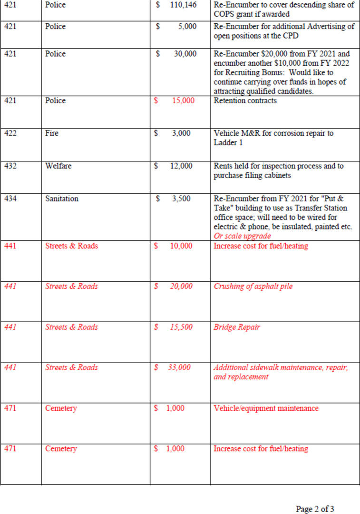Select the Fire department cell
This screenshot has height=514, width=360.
[x=52, y=133]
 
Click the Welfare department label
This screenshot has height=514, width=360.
[x=58, y=166]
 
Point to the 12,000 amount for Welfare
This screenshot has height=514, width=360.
[x=181, y=166]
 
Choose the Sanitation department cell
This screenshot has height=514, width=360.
[x=61, y=198]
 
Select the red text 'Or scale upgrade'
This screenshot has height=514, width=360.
[x=242, y=236]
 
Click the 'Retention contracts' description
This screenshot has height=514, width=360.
[x=245, y=100]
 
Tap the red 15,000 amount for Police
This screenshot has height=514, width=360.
[x=183, y=100]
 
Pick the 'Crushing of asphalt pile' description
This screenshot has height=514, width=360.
[x=253, y=286]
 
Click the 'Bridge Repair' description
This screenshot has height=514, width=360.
[x=237, y=327]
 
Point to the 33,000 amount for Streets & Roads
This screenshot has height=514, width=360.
[x=179, y=367]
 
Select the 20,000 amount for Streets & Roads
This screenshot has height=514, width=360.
[x=181, y=286]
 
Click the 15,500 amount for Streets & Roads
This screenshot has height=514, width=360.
[x=181, y=327]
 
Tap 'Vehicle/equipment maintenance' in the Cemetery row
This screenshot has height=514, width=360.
[x=266, y=408]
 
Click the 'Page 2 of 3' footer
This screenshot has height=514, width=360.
[x=315, y=509]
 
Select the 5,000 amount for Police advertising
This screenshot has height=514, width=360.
[x=187, y=26]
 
